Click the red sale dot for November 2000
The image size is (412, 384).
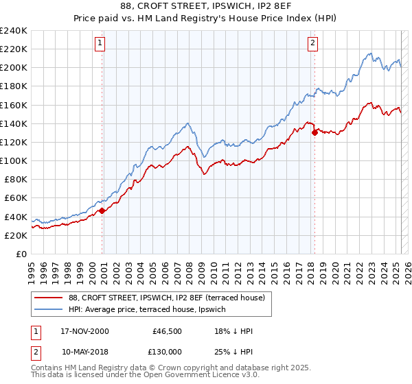(x=102, y=211)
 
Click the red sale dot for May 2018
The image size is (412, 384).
(x=314, y=133)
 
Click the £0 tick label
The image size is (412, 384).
(x=21, y=254)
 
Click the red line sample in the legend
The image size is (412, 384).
(x=49, y=297)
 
